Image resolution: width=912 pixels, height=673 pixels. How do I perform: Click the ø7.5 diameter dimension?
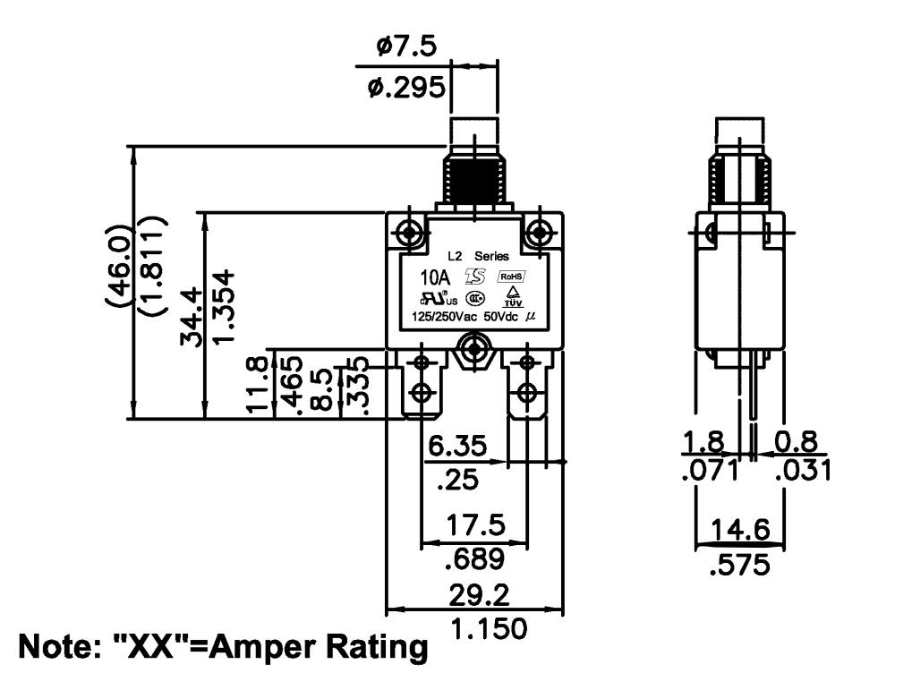406,46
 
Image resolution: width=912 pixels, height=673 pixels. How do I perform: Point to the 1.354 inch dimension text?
223,306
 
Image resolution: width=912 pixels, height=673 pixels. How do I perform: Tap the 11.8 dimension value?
258,384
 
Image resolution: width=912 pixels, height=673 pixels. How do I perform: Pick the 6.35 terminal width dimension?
457,447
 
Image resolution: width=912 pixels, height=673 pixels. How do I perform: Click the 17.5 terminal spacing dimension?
476,525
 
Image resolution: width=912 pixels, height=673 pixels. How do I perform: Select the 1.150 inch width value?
490,629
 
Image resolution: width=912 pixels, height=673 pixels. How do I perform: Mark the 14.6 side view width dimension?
740,530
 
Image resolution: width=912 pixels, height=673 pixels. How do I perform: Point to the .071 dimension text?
709,470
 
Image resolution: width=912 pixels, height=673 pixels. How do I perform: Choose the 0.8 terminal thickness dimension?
797,442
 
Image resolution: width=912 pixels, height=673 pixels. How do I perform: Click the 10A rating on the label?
436,277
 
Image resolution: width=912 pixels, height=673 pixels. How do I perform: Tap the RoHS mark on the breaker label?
511,277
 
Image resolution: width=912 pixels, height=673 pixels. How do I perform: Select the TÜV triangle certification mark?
513,296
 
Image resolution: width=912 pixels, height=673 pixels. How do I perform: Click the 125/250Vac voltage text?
444,317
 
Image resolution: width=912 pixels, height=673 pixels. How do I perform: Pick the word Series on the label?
491,256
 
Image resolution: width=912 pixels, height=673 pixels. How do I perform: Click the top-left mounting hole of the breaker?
410,233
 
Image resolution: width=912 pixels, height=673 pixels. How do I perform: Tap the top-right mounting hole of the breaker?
541,233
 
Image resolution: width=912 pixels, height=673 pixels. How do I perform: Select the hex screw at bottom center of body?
476,350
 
